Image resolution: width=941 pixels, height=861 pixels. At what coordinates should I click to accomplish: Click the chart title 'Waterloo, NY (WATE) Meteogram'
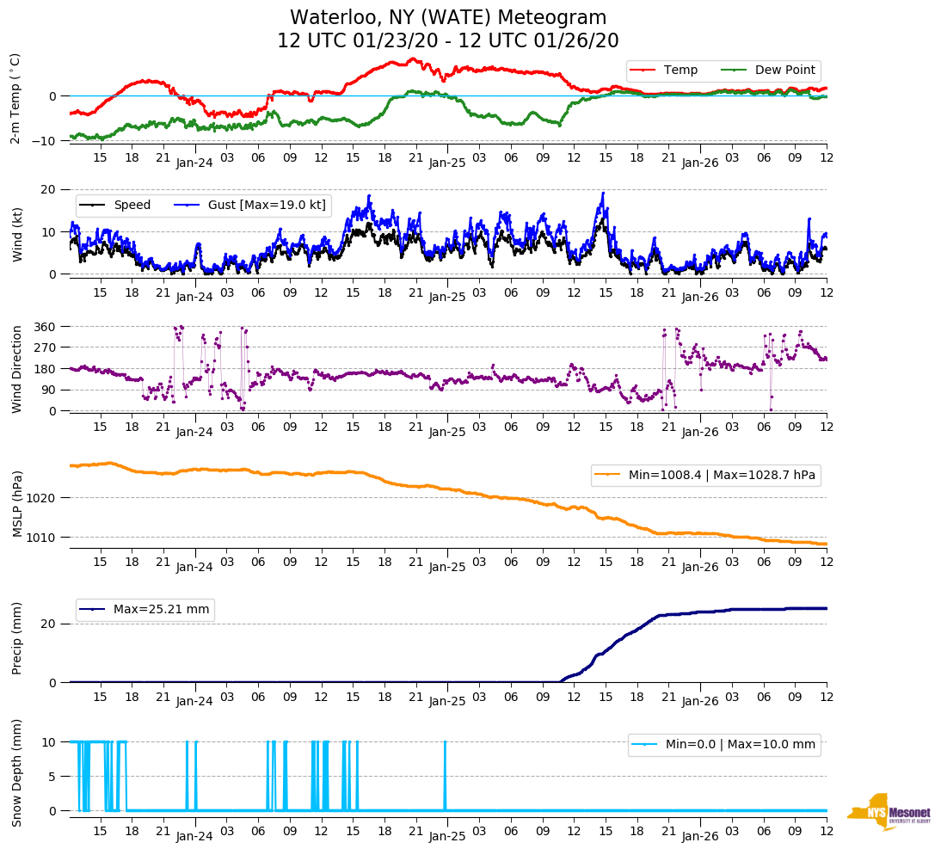coord(448,17)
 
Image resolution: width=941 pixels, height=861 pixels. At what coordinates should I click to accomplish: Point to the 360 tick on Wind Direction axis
coord(46,327)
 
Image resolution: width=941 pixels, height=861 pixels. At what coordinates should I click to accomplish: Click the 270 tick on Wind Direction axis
coord(46,347)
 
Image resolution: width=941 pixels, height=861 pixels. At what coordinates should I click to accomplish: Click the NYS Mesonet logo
coord(889,811)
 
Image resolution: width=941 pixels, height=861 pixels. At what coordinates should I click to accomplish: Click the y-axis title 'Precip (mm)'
coord(17,638)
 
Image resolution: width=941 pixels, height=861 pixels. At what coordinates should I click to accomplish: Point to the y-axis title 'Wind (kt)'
coord(17,231)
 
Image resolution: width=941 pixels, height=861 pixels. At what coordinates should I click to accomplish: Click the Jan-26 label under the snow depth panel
coord(700,836)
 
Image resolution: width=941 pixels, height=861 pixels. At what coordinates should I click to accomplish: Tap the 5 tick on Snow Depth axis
coord(53,777)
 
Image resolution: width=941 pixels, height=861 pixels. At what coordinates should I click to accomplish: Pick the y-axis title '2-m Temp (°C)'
coord(15,98)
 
